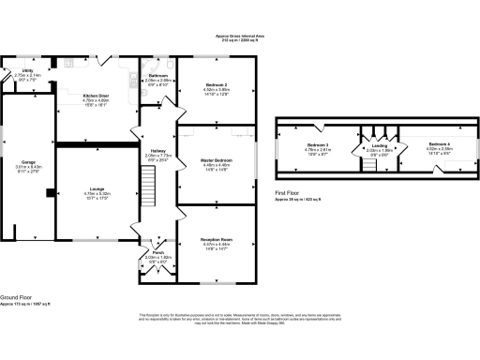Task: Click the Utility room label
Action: tap(28, 69)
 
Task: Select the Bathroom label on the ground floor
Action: tap(157, 75)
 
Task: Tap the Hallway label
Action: tap(157, 151)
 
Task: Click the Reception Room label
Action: tap(217, 239)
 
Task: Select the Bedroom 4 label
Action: tap(440, 144)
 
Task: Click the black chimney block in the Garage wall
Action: tap(49, 194)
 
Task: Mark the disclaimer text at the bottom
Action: tap(240, 318)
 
